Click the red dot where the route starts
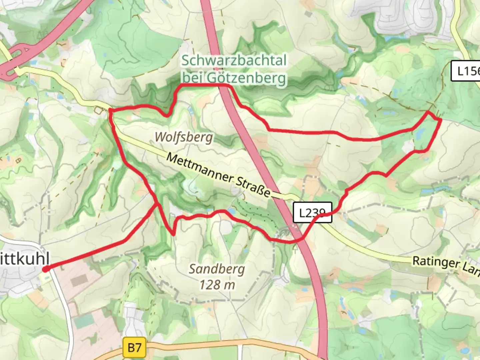point(46,269)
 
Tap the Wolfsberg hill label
point(184,137)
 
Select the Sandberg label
point(217,269)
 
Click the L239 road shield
point(312,212)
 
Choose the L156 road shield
point(466,71)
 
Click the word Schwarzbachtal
point(234,61)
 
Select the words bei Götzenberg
point(234,78)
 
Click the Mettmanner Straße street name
point(218,175)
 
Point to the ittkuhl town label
point(25,259)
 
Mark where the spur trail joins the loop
point(157,203)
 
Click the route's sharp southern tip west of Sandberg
point(173,234)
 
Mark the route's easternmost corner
point(441,119)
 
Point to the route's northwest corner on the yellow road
point(110,110)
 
